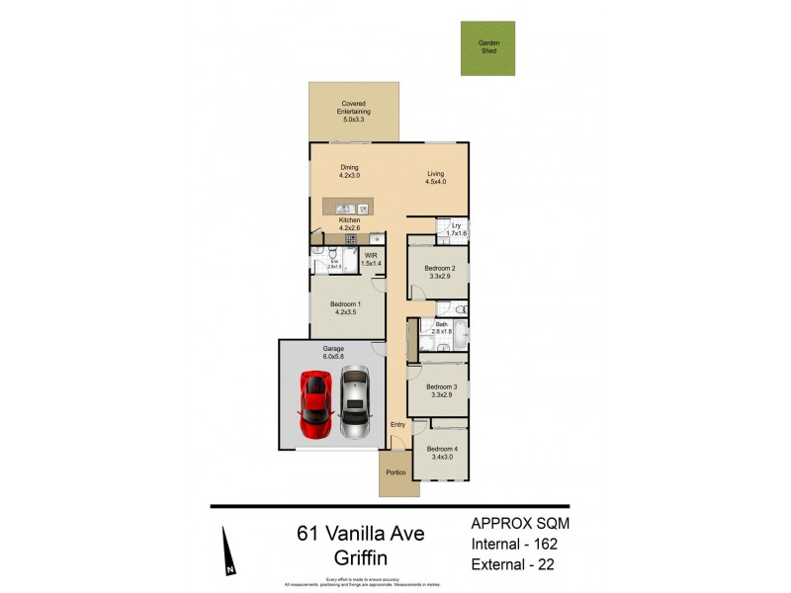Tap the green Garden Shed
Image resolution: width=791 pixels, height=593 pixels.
point(488,47)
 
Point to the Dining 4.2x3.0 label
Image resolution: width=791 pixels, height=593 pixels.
point(349,171)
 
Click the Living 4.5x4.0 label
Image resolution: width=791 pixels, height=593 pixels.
point(435,178)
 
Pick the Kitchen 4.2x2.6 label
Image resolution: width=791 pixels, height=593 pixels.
point(348,224)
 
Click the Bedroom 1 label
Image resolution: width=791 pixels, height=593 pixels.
point(345,307)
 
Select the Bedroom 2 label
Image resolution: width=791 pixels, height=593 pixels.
point(440,272)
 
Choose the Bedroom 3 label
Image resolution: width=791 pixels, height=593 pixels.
point(440,390)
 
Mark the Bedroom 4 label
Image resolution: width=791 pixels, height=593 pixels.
point(441,453)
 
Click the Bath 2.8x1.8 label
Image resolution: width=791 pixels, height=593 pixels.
point(441,328)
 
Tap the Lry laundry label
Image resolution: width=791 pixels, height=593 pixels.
point(456,229)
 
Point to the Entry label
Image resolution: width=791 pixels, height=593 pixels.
point(397,425)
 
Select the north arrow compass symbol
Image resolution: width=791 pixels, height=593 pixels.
point(228,553)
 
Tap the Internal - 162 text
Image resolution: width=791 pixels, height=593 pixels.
point(518,544)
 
